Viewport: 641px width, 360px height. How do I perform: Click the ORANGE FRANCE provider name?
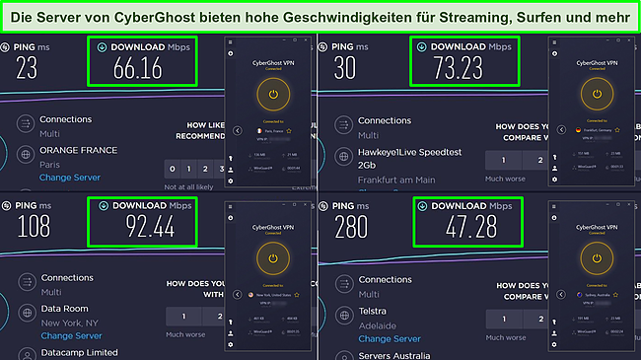coord(78,150)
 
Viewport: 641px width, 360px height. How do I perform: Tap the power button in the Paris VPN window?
coord(274,94)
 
